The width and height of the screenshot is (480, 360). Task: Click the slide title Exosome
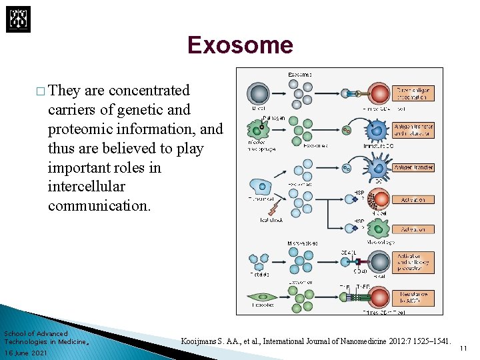point(240,45)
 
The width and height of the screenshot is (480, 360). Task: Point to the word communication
point(99,205)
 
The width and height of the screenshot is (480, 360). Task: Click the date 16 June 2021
point(25,353)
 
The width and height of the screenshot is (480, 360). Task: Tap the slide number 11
point(464,348)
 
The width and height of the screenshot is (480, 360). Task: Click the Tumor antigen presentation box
point(415,93)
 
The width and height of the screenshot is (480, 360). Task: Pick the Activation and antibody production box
point(415,261)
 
